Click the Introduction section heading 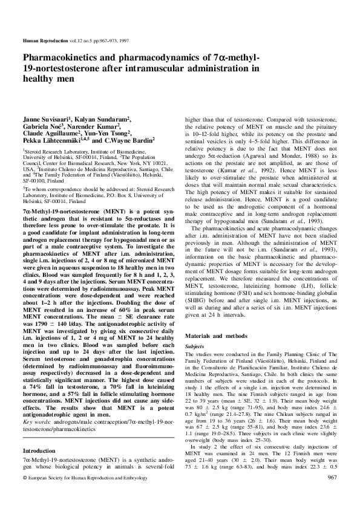coord(39,451)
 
